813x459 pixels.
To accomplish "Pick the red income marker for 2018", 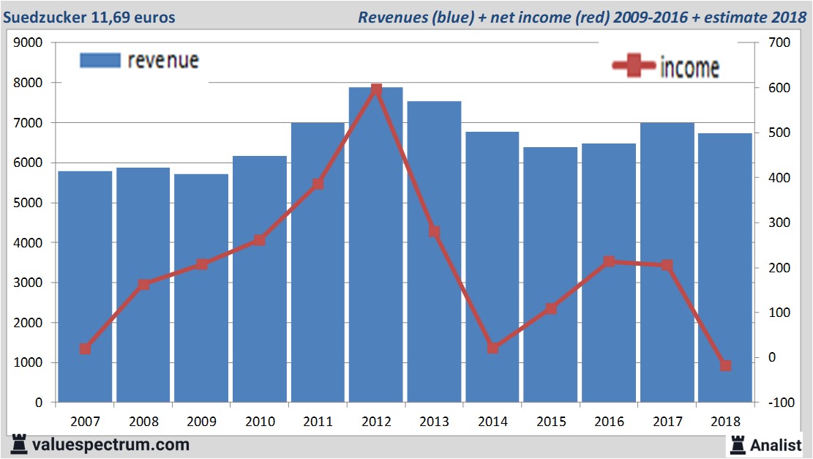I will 725,365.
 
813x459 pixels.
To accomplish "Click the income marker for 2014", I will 492,348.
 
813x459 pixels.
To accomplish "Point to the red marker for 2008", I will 143,285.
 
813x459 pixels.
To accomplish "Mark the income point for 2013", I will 434,231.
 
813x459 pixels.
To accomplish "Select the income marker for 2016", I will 609,261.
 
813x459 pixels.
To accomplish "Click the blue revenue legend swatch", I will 100,61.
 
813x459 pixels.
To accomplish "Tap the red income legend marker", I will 634,67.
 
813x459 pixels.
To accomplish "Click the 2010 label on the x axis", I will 260,422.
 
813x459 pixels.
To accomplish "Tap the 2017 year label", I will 667,422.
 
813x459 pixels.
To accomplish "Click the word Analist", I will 776,444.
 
